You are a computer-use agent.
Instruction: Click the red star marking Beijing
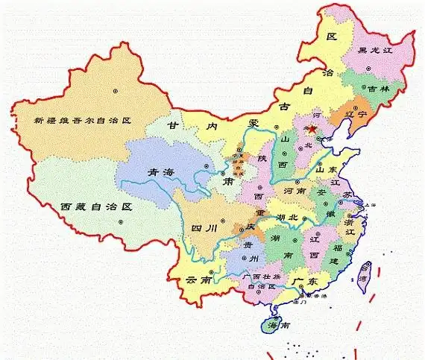coord(311,129)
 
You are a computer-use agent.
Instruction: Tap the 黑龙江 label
coord(374,51)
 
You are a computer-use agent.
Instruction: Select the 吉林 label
coord(373,88)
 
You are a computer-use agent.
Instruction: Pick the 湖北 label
coord(286,217)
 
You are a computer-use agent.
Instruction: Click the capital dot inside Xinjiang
coord(116,91)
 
